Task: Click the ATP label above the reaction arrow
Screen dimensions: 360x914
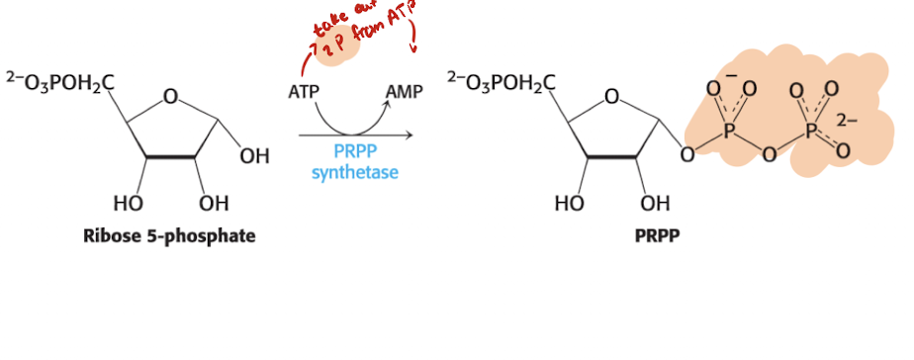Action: (304, 93)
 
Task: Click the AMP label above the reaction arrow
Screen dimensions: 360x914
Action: (404, 93)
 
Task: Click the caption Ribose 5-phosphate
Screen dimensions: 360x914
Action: (170, 236)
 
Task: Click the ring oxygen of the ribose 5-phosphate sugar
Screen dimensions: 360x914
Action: (170, 97)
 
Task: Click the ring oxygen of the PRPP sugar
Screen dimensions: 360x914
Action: (611, 97)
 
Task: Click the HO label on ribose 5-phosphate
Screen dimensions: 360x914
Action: (130, 204)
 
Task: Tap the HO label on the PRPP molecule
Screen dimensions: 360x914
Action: (570, 204)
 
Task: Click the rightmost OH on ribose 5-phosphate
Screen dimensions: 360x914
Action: (254, 156)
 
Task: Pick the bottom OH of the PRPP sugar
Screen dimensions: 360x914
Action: (655, 204)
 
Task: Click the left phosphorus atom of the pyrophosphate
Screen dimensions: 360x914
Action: (731, 133)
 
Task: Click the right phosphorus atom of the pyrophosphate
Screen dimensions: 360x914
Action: (816, 133)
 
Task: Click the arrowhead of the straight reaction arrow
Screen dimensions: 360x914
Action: (408, 135)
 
